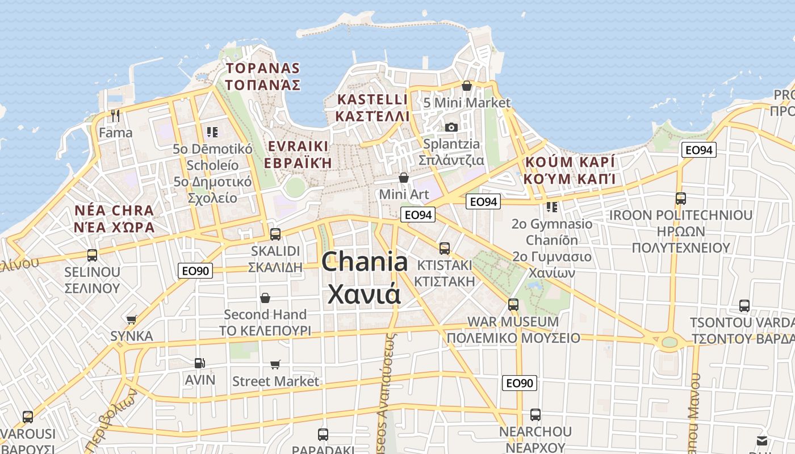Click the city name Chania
(364, 262)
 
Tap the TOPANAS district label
(263, 69)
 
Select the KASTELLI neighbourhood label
(373, 100)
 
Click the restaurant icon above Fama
(115, 116)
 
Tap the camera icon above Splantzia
(451, 127)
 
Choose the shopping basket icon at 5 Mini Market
(467, 86)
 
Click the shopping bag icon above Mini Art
(404, 178)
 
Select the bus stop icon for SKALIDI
(275, 234)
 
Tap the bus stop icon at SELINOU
(92, 255)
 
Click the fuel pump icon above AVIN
(199, 363)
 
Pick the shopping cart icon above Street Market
(275, 364)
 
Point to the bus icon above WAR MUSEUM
(513, 304)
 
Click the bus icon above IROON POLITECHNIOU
(680, 199)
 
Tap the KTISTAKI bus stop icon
(445, 248)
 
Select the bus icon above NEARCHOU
(535, 415)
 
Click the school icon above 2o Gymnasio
(551, 207)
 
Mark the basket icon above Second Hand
(265, 298)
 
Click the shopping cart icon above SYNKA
(132, 320)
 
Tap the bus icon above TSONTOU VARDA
(744, 306)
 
